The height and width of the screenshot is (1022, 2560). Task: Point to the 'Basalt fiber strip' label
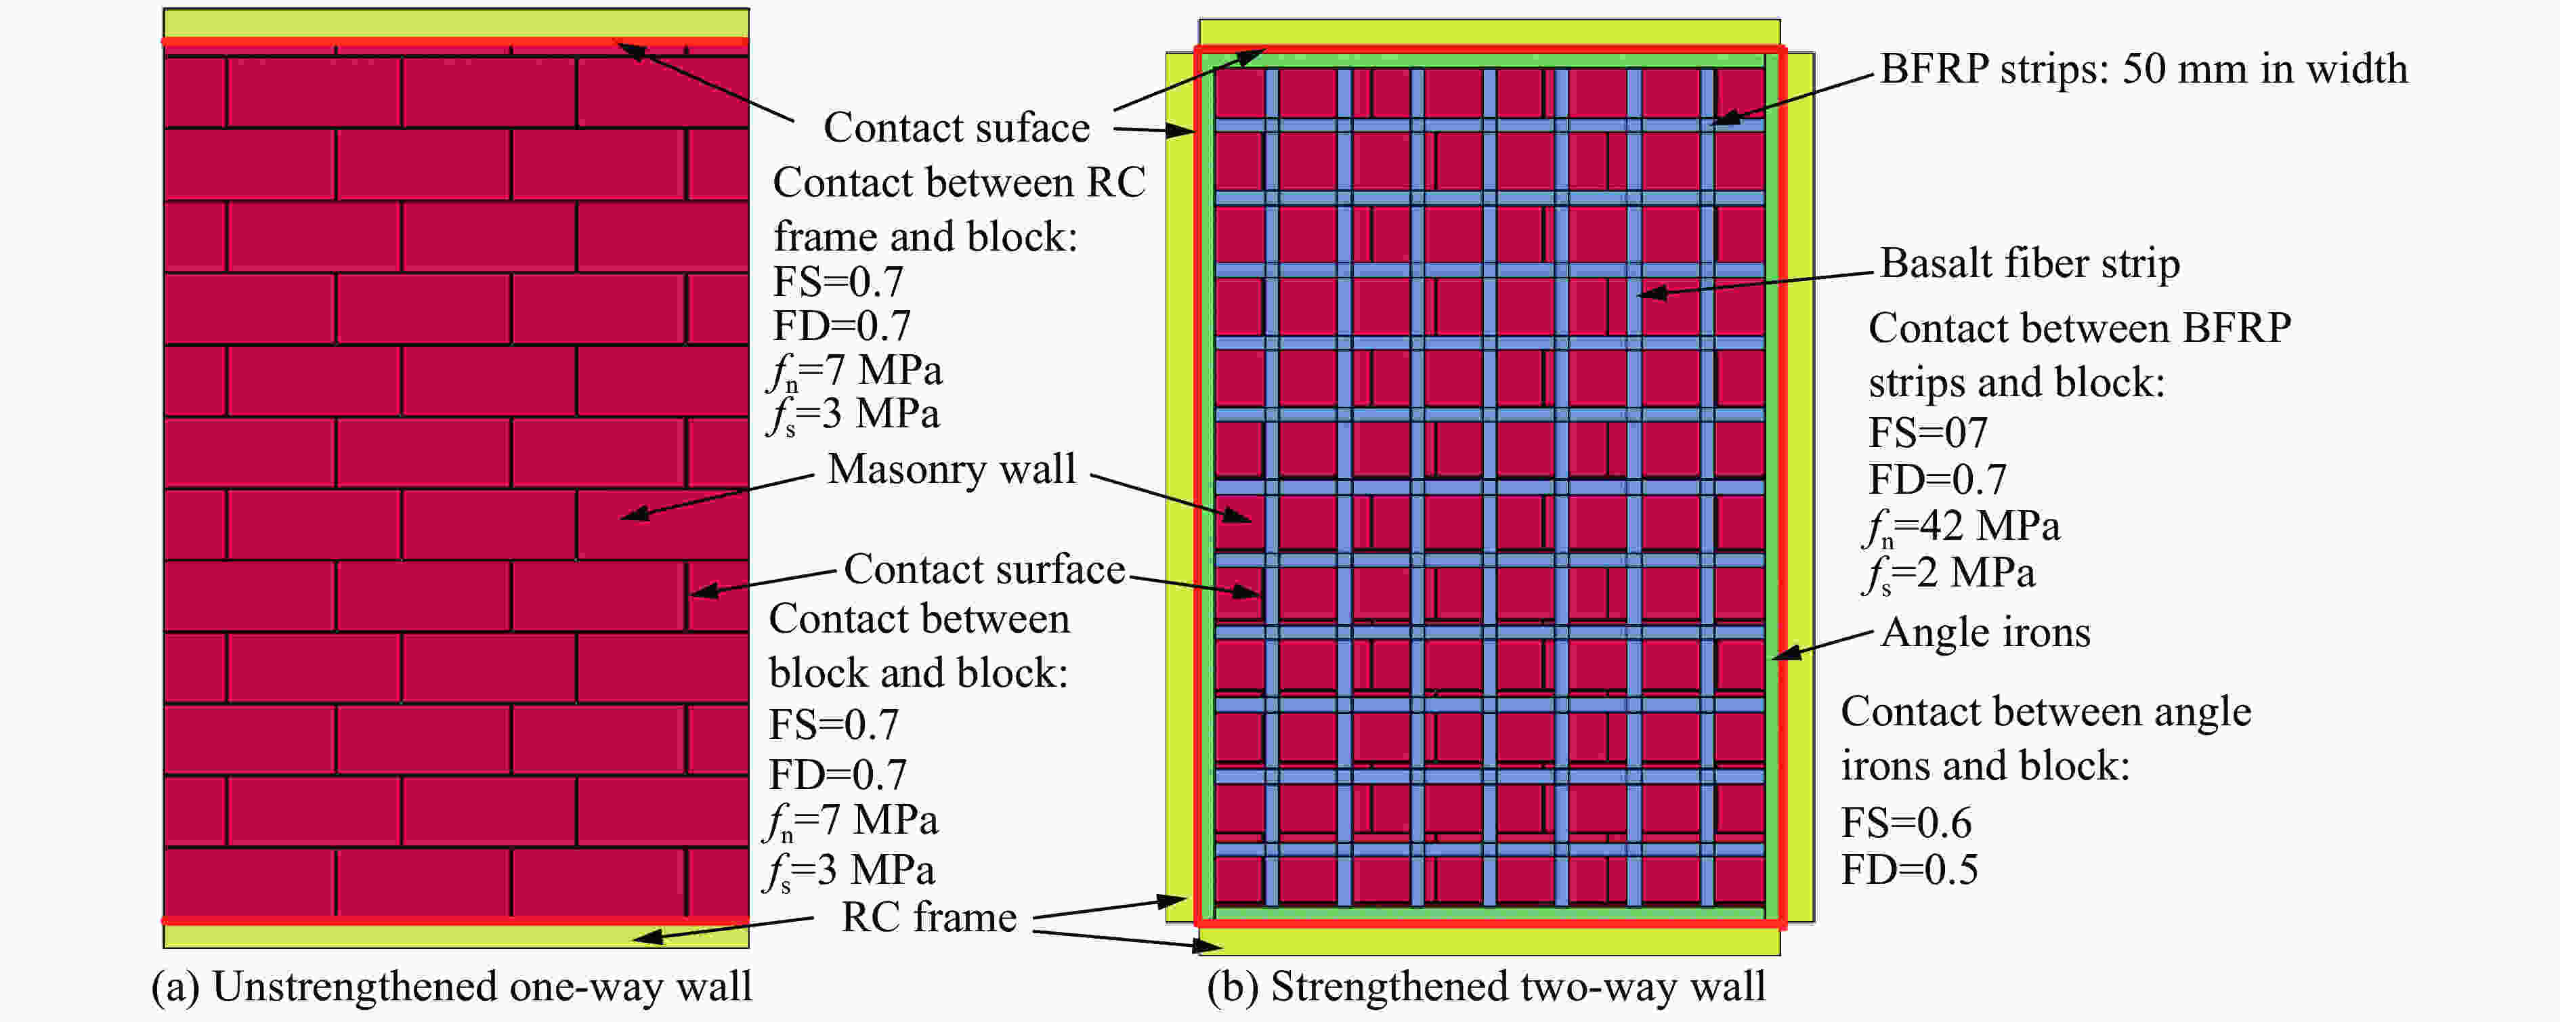click(2030, 263)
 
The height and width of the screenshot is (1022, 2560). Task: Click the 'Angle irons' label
click(1986, 633)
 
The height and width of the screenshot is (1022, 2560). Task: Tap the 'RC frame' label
click(929, 916)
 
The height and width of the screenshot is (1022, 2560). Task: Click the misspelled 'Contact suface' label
click(957, 127)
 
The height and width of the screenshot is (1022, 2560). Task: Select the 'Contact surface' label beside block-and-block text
click(985, 569)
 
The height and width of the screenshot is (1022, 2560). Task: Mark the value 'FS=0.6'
click(1906, 823)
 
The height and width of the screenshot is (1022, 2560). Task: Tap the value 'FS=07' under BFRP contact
click(1928, 433)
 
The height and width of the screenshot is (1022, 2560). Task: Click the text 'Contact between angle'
click(2046, 712)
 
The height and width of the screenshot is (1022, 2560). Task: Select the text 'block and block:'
click(918, 673)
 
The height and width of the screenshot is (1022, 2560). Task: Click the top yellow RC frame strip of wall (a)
click(456, 24)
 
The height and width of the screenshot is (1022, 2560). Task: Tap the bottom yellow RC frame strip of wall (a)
click(456, 935)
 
